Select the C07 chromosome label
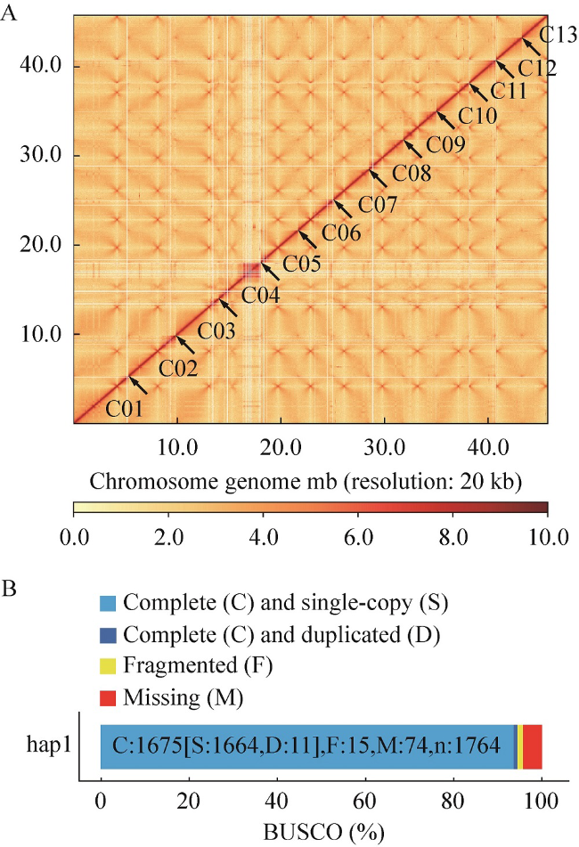[378, 205]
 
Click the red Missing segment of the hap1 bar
[532, 745]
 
